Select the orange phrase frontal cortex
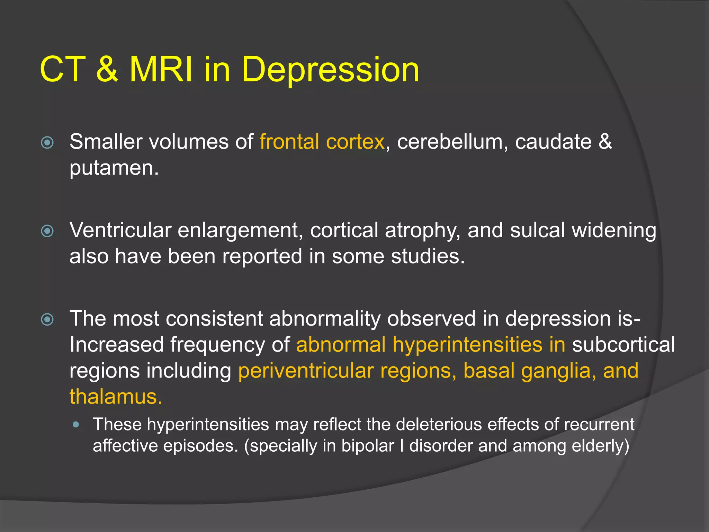pyautogui.click(x=322, y=142)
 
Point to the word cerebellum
pyautogui.click(x=450, y=142)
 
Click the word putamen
pyautogui.click(x=113, y=169)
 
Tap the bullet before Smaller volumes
pyautogui.click(x=47, y=142)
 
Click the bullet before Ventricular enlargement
pyautogui.click(x=47, y=231)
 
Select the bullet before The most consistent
pyautogui.click(x=47, y=319)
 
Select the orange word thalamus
pyautogui.click(x=115, y=397)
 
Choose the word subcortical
pyautogui.click(x=623, y=345)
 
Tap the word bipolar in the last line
pyautogui.click(x=368, y=446)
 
